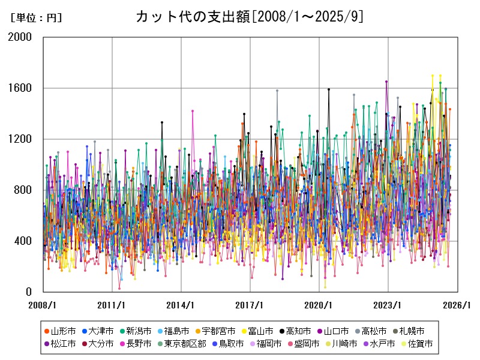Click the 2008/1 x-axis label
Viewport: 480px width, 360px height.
[x=43, y=305]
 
